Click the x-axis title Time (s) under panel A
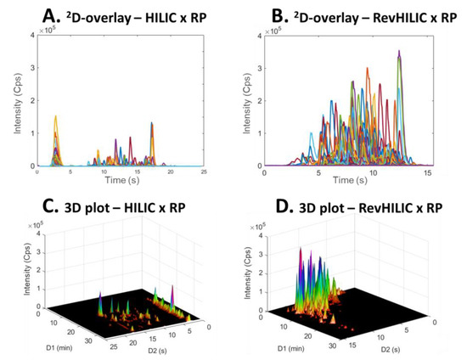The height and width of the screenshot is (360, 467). point(119,182)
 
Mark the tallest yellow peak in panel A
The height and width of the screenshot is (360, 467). point(56,116)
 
